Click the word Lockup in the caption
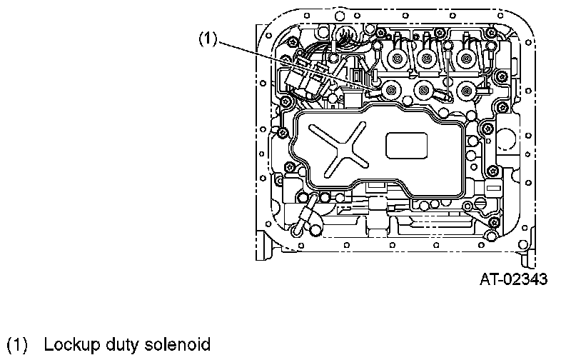point(69,345)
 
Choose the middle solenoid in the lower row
point(425,89)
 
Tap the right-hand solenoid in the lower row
point(467,89)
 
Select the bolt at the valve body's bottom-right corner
point(492,226)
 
